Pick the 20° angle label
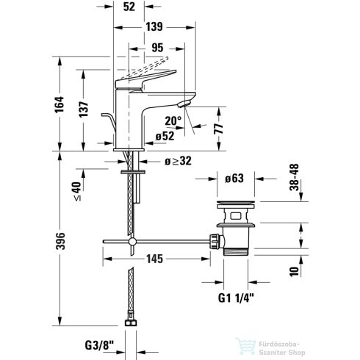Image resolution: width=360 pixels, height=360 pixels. pos(173,120)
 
